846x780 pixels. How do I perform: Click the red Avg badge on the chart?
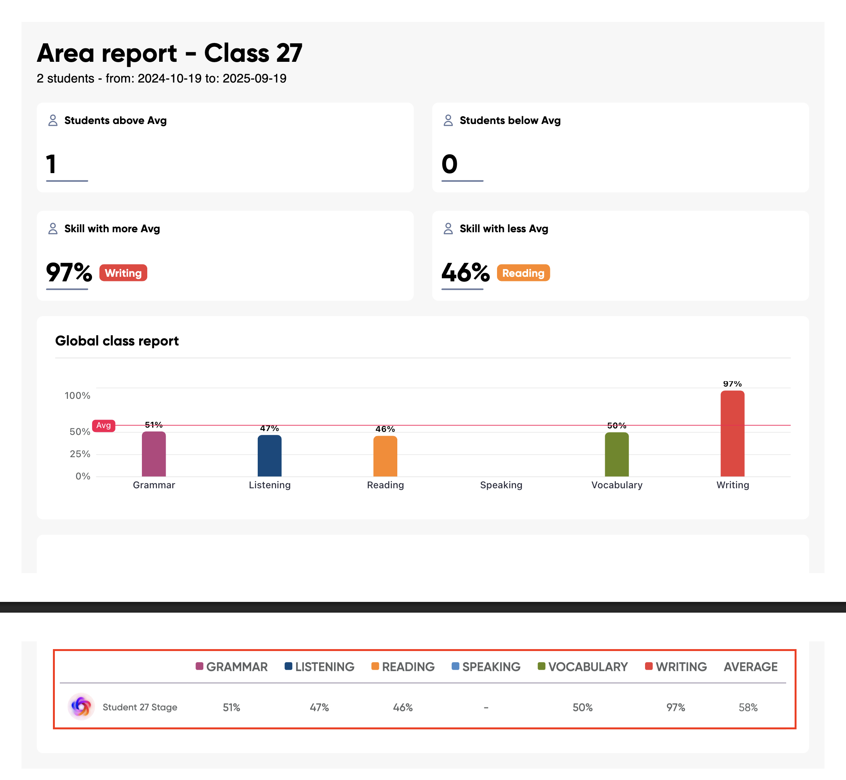pyautogui.click(x=103, y=425)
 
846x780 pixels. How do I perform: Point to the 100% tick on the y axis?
pyautogui.click(x=77, y=395)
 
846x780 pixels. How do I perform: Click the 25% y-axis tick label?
pyautogui.click(x=80, y=454)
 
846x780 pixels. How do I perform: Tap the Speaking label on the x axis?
pyautogui.click(x=501, y=485)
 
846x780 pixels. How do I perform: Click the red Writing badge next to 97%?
pyautogui.click(x=123, y=273)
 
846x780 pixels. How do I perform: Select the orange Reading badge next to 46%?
pyautogui.click(x=523, y=273)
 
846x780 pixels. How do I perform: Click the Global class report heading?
pyautogui.click(x=117, y=340)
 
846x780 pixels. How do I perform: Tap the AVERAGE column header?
pyautogui.click(x=750, y=667)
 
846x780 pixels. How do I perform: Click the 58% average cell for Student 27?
pyautogui.click(x=748, y=707)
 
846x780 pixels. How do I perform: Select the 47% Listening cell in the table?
pyautogui.click(x=319, y=707)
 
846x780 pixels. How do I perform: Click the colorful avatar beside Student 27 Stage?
pyautogui.click(x=81, y=707)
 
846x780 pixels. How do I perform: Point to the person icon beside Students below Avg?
pyautogui.click(x=448, y=120)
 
